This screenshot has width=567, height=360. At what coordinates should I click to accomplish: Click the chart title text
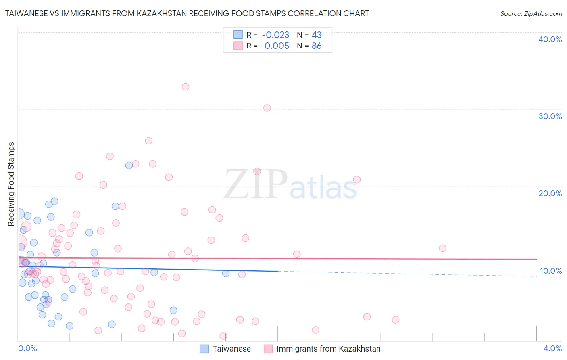pyautogui.click(x=187, y=13)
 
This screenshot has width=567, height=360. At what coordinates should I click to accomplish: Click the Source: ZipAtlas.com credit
pyautogui.click(x=531, y=13)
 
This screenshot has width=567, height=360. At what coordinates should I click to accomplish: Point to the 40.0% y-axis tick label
pyautogui.click(x=550, y=39)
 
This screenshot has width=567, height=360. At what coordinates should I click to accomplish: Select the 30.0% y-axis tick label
pyautogui.click(x=550, y=116)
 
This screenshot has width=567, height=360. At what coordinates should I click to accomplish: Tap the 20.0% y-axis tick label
pyautogui.click(x=550, y=193)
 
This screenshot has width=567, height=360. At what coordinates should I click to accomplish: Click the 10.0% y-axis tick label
pyautogui.click(x=550, y=271)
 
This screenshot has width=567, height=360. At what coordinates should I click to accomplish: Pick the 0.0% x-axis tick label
pyautogui.click(x=27, y=348)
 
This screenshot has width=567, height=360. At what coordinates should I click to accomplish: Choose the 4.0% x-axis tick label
pyautogui.click(x=552, y=348)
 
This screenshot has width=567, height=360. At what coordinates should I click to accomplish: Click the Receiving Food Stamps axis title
pyautogui.click(x=11, y=184)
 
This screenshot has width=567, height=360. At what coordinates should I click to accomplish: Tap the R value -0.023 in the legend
pyautogui.click(x=275, y=35)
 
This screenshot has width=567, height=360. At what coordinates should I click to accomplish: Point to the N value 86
pyautogui.click(x=317, y=46)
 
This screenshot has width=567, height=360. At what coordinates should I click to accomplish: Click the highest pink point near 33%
pyautogui.click(x=186, y=87)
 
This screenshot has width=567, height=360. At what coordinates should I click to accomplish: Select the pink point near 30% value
pyautogui.click(x=267, y=108)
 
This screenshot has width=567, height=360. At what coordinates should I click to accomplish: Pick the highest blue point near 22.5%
pyautogui.click(x=129, y=165)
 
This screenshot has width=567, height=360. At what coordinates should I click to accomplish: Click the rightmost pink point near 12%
pyautogui.click(x=442, y=248)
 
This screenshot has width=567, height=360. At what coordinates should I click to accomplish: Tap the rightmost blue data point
pyautogui.click(x=226, y=274)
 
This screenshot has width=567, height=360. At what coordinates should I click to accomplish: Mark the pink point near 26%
pyautogui.click(x=148, y=141)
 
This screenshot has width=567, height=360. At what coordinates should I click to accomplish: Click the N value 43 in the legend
pyautogui.click(x=317, y=35)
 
